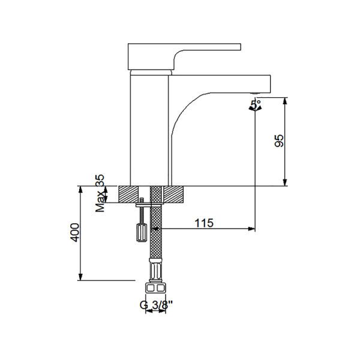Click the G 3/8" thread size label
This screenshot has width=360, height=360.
[x=156, y=304]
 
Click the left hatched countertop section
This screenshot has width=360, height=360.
[x=134, y=194]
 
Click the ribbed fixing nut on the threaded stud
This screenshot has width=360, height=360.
[x=142, y=231]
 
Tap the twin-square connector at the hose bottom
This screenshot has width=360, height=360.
[x=156, y=287]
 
